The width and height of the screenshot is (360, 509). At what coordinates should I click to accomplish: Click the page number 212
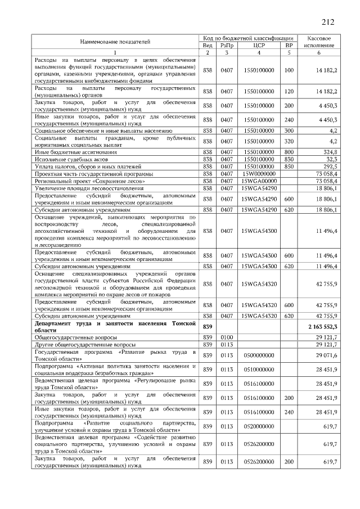click(x=328, y=22)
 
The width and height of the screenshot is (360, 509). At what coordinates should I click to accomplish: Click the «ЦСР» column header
click(x=259, y=45)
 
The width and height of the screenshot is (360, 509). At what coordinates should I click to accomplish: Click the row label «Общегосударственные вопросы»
click(x=70, y=337)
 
